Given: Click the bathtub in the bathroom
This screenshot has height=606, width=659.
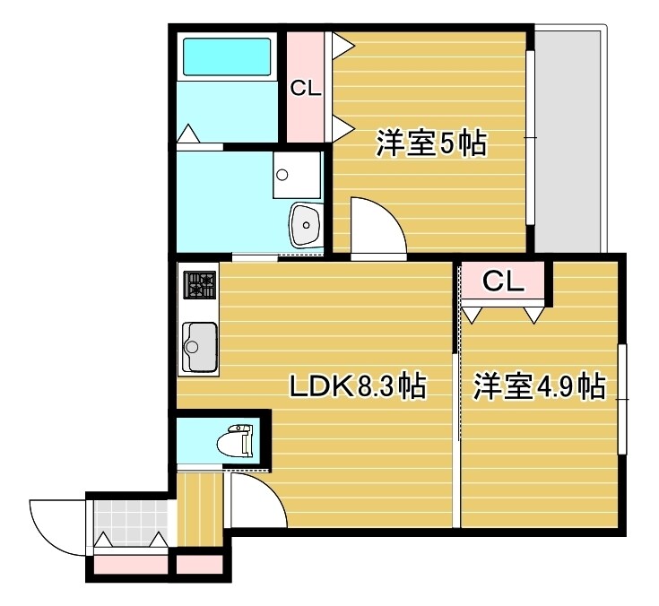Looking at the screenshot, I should (227, 56).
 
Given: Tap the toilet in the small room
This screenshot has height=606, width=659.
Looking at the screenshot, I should (238, 440).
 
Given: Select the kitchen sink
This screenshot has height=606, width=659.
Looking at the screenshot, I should (198, 346).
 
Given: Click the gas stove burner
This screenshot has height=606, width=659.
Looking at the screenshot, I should (200, 285).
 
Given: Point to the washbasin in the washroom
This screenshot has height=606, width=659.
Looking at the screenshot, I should (306, 223).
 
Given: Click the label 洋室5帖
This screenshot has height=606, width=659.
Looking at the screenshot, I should (430, 143).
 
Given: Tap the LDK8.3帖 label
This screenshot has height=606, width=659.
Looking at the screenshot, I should (356, 386).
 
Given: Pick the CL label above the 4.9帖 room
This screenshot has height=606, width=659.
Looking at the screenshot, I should (502, 282).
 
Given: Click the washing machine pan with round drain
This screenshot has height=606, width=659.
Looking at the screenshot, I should (296, 174).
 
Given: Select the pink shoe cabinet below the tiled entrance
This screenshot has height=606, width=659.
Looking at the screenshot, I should (130, 566).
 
